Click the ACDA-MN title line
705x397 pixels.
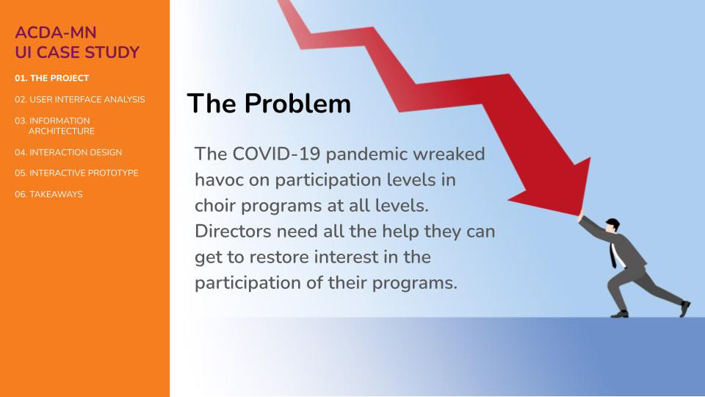(56, 32)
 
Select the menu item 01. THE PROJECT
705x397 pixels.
(51, 78)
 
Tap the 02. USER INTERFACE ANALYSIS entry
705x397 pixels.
(79, 99)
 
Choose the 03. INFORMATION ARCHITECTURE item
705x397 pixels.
(54, 126)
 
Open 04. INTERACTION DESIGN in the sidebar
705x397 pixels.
(68, 152)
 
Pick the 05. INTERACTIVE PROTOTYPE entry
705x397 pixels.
(76, 173)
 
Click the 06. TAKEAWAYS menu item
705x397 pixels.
(48, 194)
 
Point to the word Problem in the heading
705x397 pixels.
(297, 104)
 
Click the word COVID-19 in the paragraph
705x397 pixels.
(276, 154)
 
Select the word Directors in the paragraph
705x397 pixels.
(233, 232)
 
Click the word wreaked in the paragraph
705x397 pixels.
(449, 154)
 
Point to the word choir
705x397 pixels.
(215, 206)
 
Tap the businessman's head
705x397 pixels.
(612, 225)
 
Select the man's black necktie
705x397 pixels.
(612, 255)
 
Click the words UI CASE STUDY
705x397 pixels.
(77, 52)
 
